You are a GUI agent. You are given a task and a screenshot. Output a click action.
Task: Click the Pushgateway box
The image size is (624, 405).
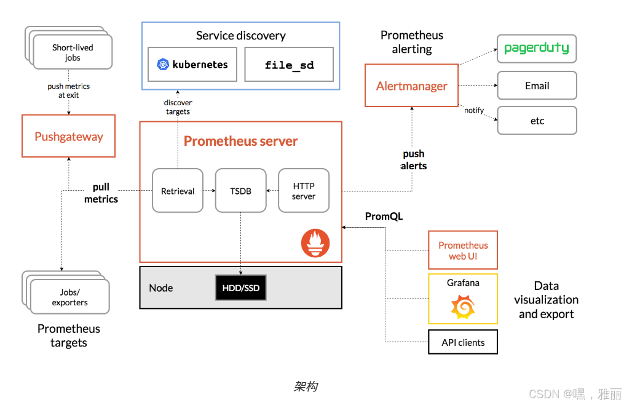69,136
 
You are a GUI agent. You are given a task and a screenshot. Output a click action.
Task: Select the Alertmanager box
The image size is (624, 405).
411,86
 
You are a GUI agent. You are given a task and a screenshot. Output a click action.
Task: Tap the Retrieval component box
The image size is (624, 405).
178,191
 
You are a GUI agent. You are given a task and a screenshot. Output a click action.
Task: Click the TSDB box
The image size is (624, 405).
240,191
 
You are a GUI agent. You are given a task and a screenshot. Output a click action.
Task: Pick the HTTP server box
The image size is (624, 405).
304,191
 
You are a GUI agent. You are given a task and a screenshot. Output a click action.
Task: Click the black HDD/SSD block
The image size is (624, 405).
240,288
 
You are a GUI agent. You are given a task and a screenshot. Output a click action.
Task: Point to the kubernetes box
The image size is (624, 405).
192,64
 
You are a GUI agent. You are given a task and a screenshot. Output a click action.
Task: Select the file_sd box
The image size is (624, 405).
289,65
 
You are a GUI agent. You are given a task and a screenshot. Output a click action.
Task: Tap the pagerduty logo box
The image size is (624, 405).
537,49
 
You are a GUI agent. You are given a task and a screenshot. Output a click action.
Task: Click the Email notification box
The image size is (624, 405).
537,86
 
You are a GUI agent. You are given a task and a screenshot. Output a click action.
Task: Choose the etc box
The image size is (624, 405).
537,121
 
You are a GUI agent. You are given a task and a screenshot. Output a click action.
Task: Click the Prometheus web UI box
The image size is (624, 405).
463,251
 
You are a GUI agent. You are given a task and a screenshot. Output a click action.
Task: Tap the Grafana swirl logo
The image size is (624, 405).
463,307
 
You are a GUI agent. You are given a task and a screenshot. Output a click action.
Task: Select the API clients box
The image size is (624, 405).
463,342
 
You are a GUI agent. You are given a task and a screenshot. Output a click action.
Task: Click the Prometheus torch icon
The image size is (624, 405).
315,243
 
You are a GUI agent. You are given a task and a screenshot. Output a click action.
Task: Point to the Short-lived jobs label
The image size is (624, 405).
73,52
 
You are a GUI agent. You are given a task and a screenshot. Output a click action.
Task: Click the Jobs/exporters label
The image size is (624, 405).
69,297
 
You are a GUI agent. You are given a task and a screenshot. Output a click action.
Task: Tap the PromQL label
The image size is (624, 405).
384,217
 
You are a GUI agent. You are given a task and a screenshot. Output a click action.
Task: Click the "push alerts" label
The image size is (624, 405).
414,160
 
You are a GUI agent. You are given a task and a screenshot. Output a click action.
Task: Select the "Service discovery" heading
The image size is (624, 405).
240,36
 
